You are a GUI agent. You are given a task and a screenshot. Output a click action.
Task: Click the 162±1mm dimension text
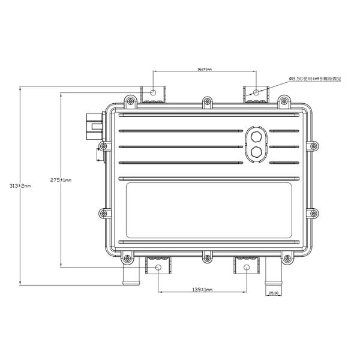205,70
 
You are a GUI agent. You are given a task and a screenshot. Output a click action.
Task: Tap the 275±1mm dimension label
61,180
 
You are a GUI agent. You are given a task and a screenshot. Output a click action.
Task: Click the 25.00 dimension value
273,293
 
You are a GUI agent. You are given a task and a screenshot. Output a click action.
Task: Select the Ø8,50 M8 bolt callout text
316,79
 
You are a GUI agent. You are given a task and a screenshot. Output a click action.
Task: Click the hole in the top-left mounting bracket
154,93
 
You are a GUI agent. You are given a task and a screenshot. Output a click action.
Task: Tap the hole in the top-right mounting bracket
257,93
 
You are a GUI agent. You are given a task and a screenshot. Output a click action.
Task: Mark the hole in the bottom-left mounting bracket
158,268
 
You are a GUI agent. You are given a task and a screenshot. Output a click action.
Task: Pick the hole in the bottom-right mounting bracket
247,268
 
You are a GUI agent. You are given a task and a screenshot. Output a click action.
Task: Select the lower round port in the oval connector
256,152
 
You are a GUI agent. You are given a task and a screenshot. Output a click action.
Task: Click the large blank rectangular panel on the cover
208,211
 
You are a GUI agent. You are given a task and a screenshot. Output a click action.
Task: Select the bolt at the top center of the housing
206,100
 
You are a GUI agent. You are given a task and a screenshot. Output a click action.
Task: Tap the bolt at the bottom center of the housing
207,259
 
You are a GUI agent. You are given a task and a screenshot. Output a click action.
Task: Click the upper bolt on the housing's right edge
313,145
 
